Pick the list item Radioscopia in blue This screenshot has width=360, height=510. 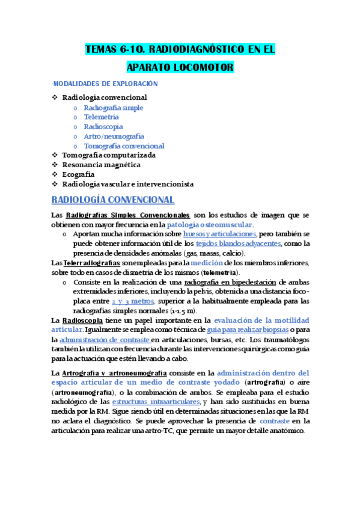pyautogui.click(x=103, y=127)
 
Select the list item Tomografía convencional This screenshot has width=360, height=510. pyautogui.click(x=124, y=146)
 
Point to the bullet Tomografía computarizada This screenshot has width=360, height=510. pyautogui.click(x=109, y=155)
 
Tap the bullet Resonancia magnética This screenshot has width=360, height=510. pyautogui.click(x=102, y=164)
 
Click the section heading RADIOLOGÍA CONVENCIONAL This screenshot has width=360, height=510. pyautogui.click(x=113, y=200)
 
